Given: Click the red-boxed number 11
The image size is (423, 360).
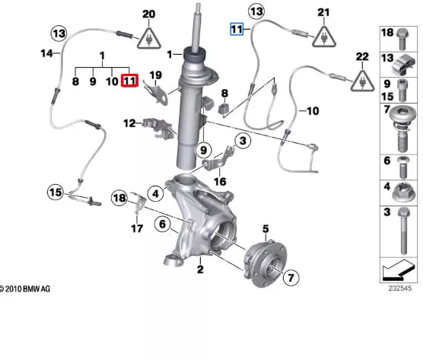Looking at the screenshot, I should point(129,80).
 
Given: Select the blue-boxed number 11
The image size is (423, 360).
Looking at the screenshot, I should point(237,29).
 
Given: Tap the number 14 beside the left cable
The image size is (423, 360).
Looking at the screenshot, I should point(46,53).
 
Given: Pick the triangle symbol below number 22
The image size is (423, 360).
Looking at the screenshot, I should point(362,78).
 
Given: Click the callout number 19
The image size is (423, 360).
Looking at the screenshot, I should point(155,75).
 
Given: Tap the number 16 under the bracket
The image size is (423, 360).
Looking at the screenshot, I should point(219,181).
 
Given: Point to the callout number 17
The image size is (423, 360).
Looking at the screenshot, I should point(137,228).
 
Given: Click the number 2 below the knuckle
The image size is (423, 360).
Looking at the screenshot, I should point(199,269).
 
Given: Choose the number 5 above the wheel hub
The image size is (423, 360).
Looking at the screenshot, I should point(266,228).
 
